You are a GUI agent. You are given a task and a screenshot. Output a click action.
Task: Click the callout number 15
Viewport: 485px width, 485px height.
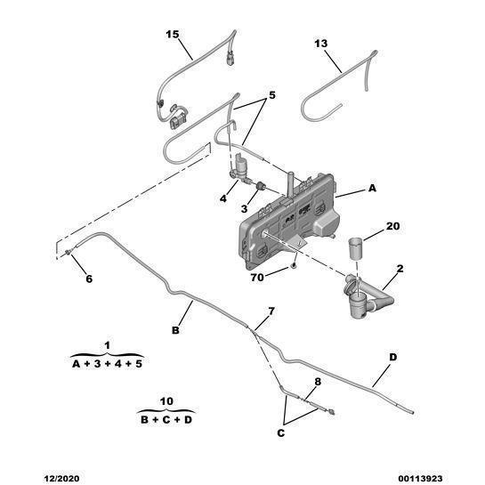(x=173, y=35)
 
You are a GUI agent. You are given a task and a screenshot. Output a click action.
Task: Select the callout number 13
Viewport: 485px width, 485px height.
(x=320, y=44)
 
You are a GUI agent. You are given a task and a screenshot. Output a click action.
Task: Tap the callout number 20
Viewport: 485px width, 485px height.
(x=392, y=226)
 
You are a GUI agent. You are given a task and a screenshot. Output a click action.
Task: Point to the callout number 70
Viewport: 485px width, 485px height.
(x=257, y=278)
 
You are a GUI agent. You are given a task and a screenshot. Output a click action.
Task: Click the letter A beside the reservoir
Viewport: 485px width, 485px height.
(x=372, y=188)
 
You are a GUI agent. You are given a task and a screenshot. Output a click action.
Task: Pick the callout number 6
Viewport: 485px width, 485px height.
(x=89, y=279)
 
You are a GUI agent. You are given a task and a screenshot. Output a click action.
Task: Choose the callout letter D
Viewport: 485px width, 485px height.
(x=392, y=357)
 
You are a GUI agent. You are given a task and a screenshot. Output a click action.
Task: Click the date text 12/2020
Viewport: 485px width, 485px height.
(x=61, y=479)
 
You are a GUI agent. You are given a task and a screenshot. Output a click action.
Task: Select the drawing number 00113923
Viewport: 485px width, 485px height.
(x=420, y=479)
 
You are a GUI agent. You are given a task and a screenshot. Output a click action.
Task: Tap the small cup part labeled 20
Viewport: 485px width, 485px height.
(x=356, y=247)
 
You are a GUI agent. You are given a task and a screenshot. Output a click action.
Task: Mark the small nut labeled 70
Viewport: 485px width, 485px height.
(x=294, y=265)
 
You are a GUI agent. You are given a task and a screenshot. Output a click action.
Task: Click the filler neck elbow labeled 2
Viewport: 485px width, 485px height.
(x=365, y=295)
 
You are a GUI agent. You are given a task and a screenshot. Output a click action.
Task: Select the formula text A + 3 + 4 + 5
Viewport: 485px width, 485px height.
(x=107, y=364)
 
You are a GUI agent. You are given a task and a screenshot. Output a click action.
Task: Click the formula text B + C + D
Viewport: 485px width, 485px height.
(x=166, y=420)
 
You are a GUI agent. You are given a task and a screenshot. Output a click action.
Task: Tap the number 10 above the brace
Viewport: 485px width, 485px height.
(x=166, y=401)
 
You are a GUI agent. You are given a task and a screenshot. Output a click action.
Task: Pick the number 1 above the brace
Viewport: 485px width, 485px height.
(x=108, y=345)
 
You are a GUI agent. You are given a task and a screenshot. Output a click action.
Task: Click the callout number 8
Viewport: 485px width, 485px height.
(x=318, y=382)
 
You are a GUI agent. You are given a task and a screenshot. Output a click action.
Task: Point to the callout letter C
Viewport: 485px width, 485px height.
(x=280, y=433)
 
